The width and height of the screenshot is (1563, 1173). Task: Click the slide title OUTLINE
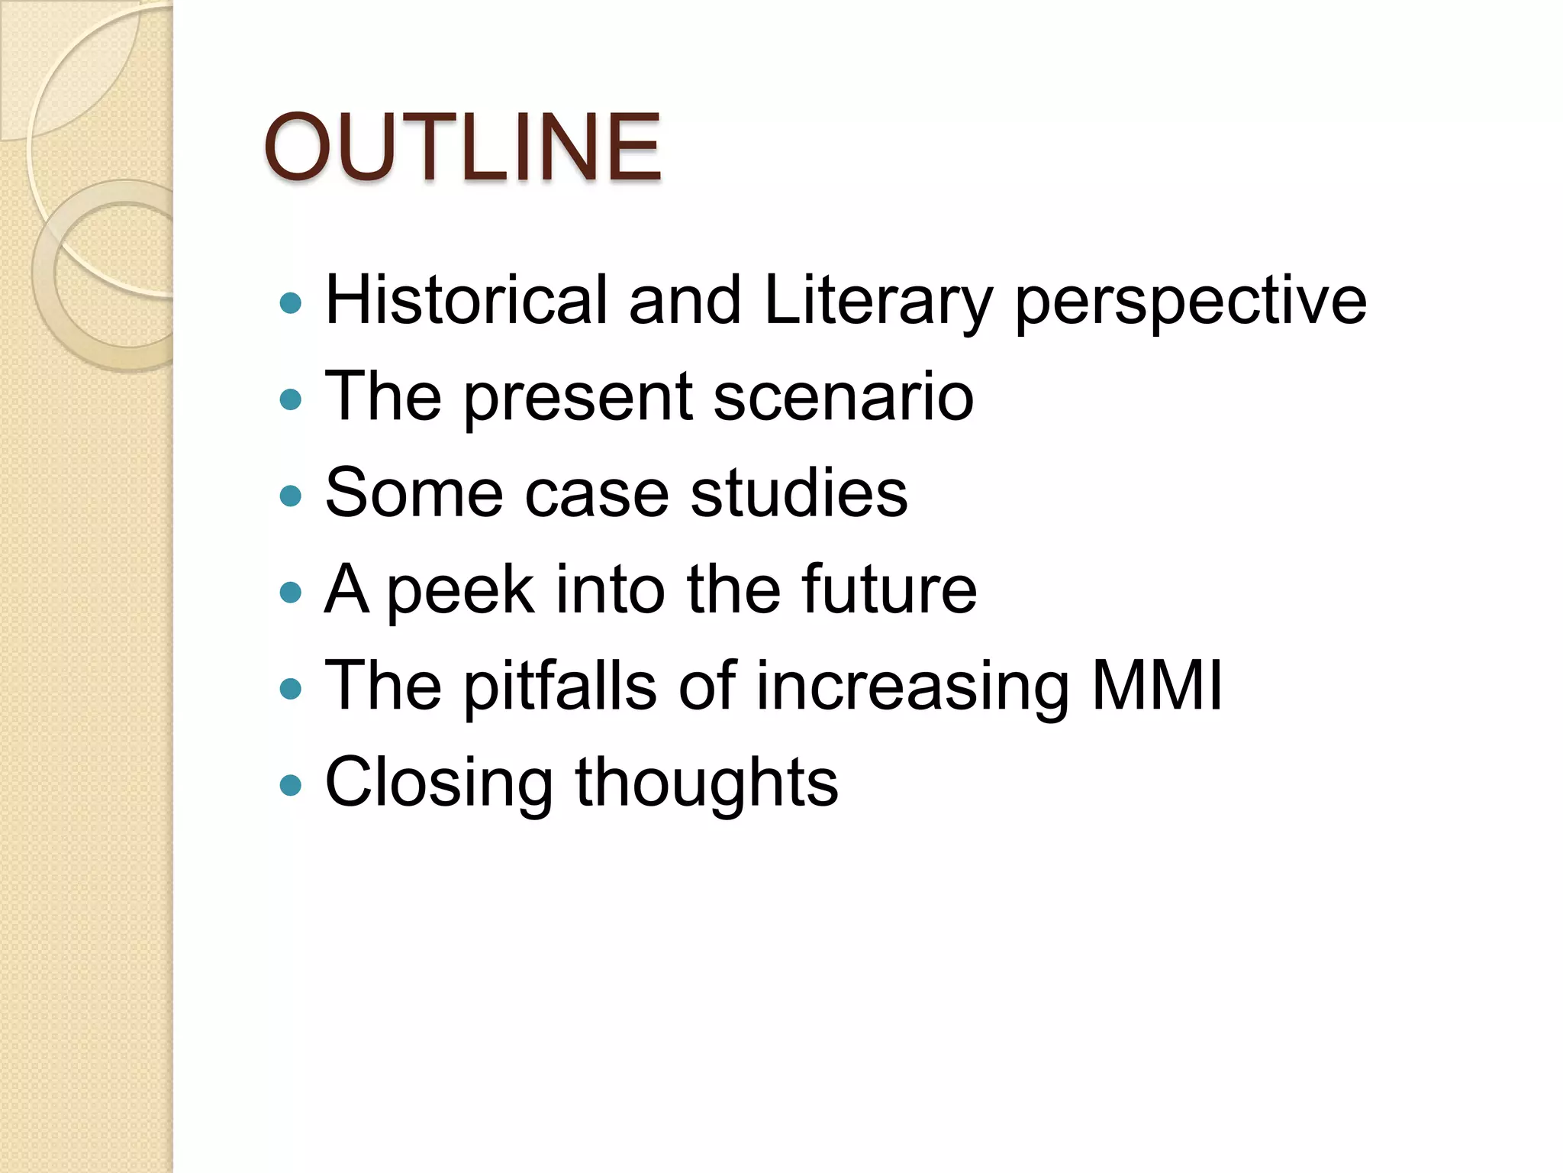click(462, 147)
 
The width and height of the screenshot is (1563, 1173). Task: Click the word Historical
click(466, 299)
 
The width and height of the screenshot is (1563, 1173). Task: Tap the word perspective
click(1191, 301)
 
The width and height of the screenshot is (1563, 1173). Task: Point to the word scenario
click(843, 397)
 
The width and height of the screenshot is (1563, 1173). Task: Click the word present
click(578, 397)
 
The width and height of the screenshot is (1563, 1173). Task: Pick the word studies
click(799, 493)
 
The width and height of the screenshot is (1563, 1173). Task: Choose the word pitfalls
click(560, 686)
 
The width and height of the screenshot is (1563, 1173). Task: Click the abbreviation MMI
click(1157, 686)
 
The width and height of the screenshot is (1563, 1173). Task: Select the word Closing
click(439, 784)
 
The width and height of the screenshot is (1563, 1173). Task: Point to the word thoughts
click(707, 784)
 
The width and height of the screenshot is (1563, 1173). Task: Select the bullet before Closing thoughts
click(291, 785)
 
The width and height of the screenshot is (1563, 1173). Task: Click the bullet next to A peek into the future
click(291, 593)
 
